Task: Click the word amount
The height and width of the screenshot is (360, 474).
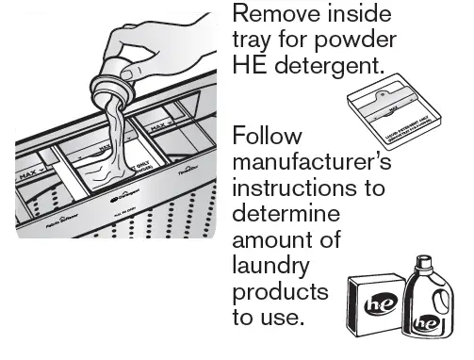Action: tap(269, 239)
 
